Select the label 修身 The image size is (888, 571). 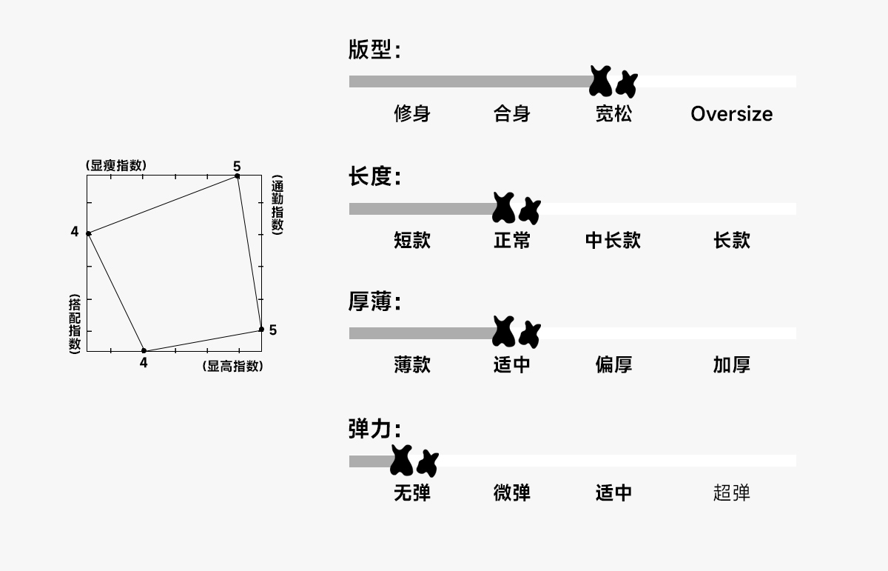click(412, 113)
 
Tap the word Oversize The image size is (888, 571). click(731, 113)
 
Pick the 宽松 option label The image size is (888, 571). click(613, 113)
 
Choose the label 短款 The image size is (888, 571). click(412, 240)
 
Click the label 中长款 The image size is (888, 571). click(613, 240)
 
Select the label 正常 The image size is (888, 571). click(512, 240)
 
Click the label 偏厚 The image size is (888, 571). click(613, 364)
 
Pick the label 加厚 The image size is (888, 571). click(731, 364)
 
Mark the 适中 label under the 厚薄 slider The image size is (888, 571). click(512, 364)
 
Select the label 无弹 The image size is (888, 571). click(412, 492)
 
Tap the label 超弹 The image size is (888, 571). click(731, 492)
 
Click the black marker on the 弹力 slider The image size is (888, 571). click(413, 461)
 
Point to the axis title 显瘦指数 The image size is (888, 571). click(116, 165)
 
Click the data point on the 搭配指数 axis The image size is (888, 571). click(89, 233)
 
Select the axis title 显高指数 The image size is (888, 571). click(232, 366)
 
